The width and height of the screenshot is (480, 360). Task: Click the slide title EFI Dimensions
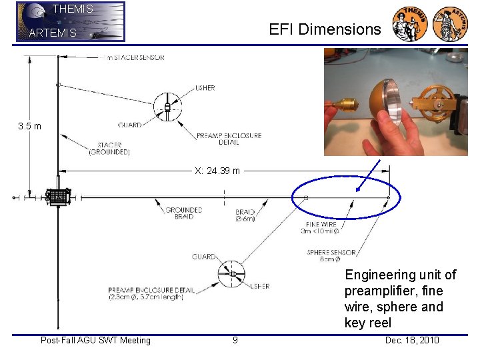(x=325, y=29)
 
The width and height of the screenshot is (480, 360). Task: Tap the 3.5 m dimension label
(x=29, y=127)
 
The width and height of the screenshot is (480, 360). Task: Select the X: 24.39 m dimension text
(x=217, y=171)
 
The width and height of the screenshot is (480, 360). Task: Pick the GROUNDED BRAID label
(x=183, y=213)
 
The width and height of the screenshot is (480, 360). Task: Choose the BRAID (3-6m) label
(x=245, y=216)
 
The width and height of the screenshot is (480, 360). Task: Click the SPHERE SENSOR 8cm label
(x=331, y=256)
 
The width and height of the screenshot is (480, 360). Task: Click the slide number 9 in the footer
(x=235, y=341)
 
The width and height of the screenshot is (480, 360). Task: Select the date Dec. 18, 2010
(x=412, y=341)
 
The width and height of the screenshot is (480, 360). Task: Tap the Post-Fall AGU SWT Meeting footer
(x=95, y=341)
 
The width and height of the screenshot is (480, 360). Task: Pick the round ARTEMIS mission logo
(x=451, y=24)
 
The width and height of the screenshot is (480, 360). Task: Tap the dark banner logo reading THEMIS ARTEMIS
(x=70, y=21)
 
